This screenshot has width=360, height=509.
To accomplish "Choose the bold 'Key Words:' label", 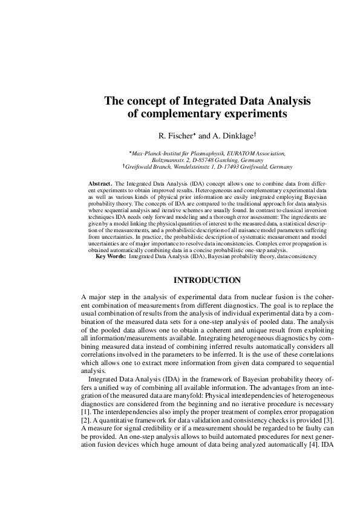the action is pyautogui.click(x=111, y=256).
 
